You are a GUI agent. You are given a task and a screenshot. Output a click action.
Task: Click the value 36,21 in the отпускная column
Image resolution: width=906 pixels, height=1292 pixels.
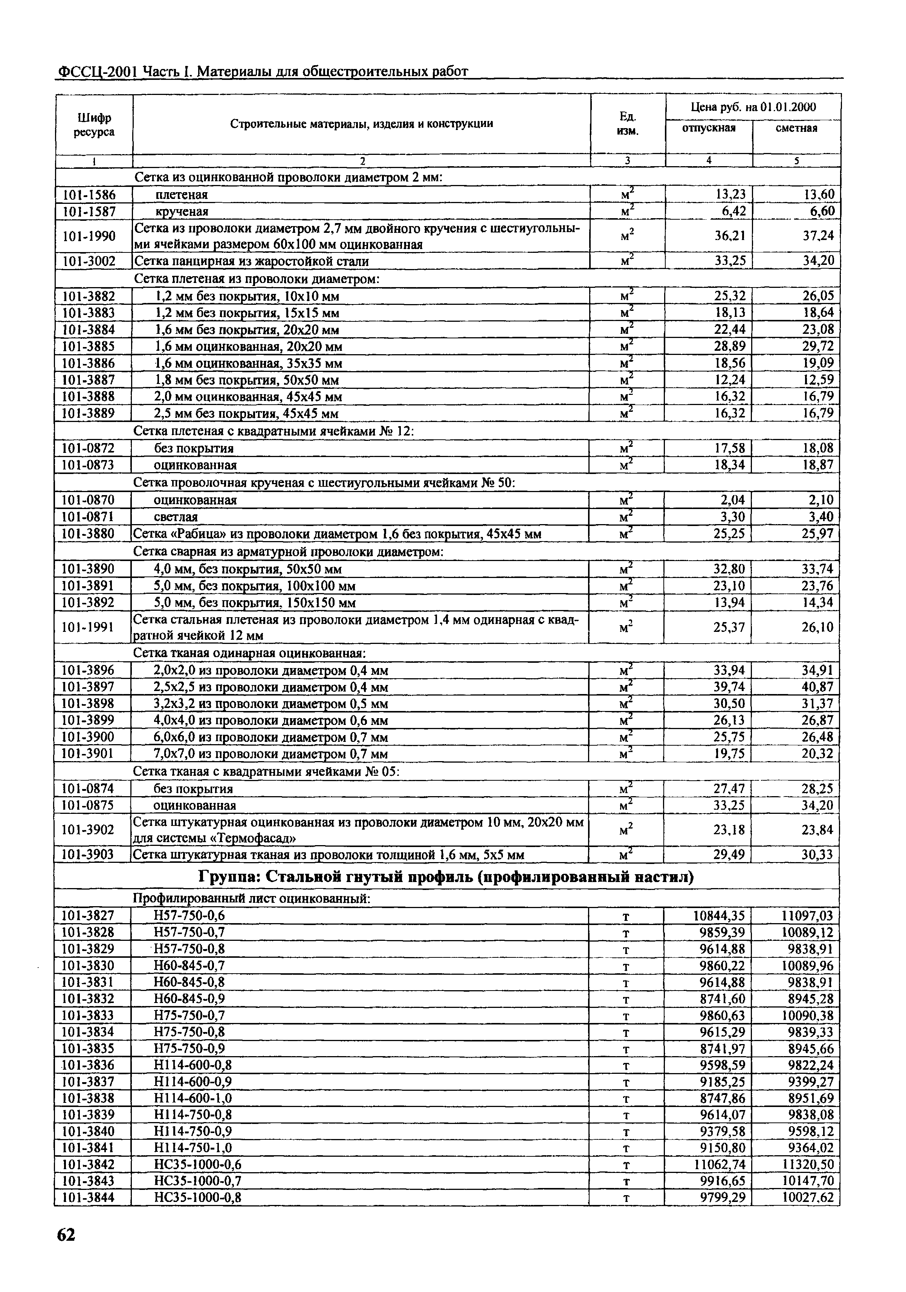[x=730, y=236]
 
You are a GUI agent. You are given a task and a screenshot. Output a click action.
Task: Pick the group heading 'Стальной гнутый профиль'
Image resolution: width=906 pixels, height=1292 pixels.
[x=446, y=877]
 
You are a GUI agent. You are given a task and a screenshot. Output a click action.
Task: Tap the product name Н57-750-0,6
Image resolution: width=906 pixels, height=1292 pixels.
[x=189, y=916]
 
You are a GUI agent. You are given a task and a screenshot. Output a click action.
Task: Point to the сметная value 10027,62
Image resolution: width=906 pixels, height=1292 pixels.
[x=807, y=1197]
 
